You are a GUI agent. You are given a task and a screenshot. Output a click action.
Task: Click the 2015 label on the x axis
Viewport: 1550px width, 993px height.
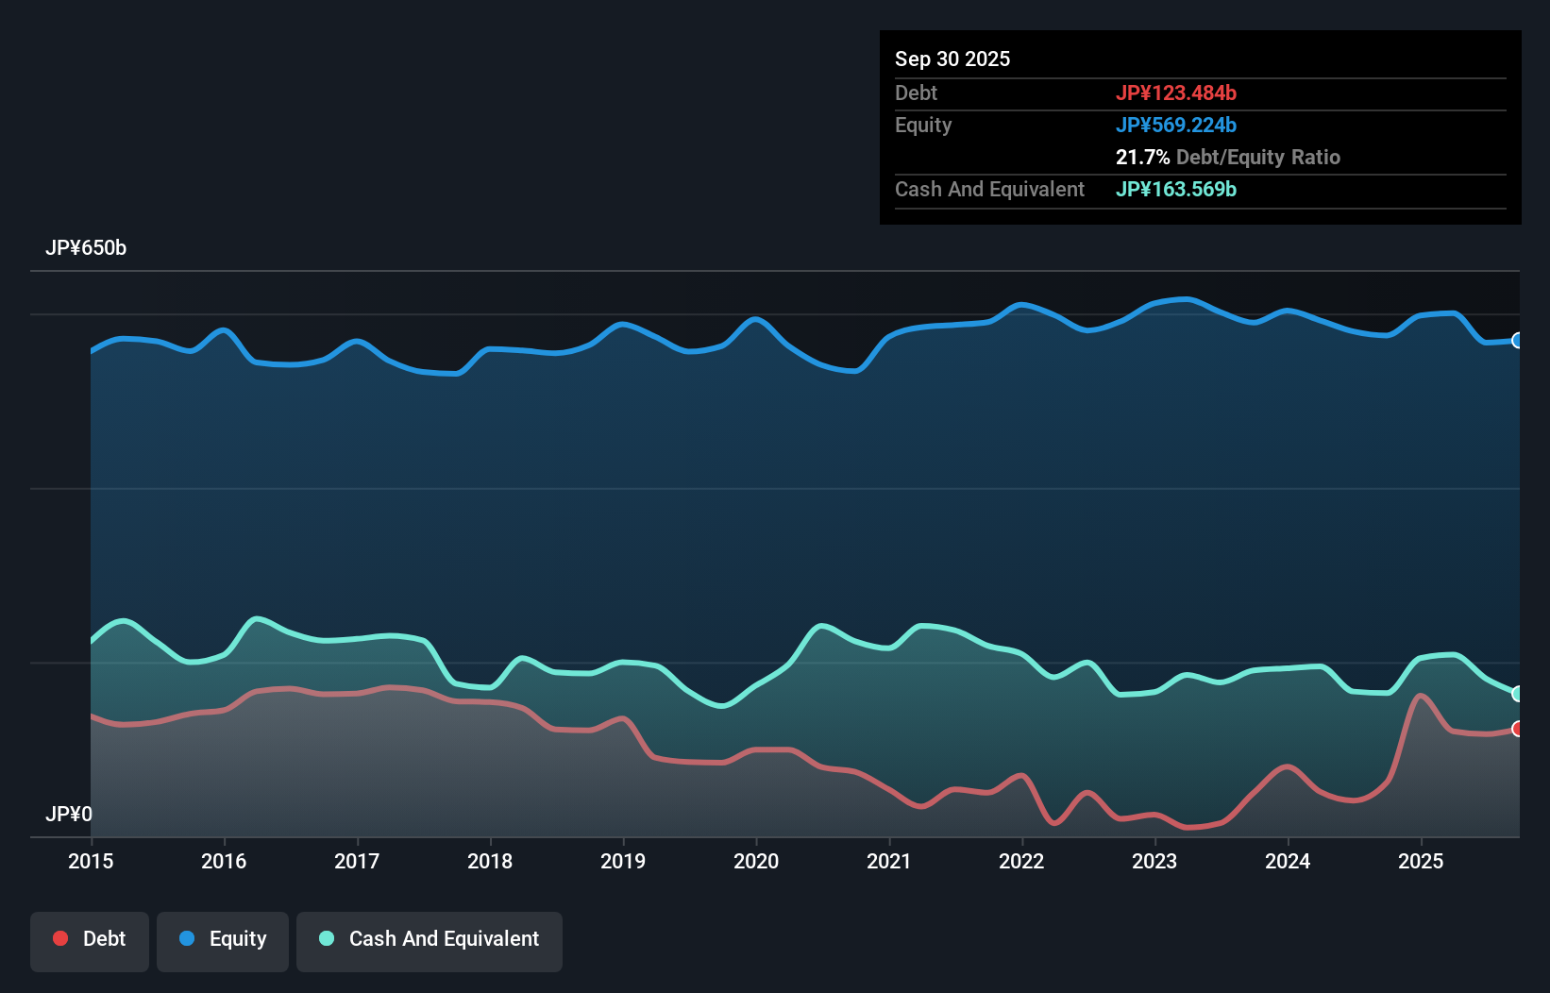coord(91,861)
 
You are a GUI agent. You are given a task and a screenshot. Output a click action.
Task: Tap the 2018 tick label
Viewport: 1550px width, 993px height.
coord(490,861)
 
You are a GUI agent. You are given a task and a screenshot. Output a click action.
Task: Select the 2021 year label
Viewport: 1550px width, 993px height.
coord(889,861)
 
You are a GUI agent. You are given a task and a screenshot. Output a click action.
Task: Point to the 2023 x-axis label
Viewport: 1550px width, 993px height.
coord(1154,861)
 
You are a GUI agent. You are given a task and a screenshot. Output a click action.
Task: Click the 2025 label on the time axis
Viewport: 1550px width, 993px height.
coord(1421,861)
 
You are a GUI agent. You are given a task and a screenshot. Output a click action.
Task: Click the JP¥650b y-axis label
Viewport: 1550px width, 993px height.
coord(86,247)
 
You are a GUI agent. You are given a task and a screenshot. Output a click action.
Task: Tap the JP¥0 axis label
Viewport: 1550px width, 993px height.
coord(69,814)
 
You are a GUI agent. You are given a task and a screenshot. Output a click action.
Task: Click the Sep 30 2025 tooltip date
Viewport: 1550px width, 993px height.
coord(952,59)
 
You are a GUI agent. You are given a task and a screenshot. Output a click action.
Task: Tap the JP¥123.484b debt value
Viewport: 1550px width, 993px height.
coord(1175,93)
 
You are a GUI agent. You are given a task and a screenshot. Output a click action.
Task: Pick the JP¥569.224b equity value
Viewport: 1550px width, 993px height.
coord(1175,125)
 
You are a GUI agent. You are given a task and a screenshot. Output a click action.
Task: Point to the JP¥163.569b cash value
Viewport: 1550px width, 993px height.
coord(1175,189)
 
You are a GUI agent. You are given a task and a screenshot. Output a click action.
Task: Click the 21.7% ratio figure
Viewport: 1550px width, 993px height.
coord(1142,157)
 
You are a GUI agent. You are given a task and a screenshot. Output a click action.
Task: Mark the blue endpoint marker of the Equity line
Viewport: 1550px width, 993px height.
coord(1517,340)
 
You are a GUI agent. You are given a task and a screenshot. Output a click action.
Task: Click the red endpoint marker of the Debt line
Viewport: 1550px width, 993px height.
coord(1517,729)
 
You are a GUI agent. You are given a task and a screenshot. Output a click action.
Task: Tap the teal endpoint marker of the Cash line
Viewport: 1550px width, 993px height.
coord(1517,694)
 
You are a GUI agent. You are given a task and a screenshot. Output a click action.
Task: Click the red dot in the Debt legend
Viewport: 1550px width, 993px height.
coord(60,938)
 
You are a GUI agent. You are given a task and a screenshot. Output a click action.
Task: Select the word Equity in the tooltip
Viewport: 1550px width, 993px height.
coord(922,125)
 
